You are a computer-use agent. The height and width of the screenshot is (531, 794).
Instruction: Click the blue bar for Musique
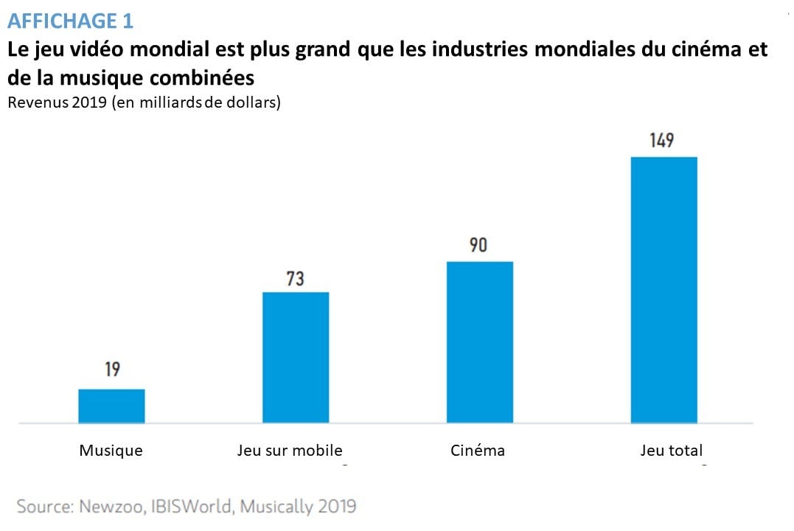pos(111,406)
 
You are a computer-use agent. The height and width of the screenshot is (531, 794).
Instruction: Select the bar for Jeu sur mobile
pos(296,358)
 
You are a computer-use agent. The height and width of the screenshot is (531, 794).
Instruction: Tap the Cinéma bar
pos(480,342)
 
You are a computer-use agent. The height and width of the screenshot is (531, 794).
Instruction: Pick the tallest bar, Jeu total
pos(664,290)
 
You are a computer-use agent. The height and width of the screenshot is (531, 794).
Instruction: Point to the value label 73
pos(296,279)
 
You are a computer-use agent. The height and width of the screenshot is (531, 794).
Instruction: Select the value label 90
pos(479,245)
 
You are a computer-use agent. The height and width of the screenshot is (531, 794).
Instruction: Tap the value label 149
pos(662,140)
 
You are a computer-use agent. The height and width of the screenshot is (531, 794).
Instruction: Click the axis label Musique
pos(111,450)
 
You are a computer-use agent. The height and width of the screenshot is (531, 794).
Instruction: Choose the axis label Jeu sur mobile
pos(290,450)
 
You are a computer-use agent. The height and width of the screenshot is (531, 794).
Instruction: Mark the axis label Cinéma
pos(478,450)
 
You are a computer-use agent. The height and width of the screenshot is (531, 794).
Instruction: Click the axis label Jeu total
pos(672,450)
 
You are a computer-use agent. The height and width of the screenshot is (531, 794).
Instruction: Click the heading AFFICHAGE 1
pos(70,21)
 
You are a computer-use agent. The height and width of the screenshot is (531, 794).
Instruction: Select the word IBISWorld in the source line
pos(193,507)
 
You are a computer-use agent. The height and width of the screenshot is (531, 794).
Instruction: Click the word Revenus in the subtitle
pos(35,102)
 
